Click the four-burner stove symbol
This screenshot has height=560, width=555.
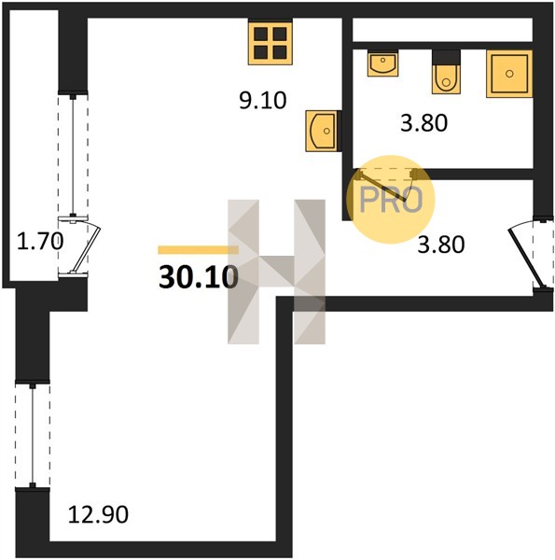(271, 43)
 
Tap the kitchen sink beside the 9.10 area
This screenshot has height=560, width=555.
(321, 131)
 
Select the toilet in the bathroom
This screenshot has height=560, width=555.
(446, 78)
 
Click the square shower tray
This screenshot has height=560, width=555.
(509, 74)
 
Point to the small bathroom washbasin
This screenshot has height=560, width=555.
(382, 63)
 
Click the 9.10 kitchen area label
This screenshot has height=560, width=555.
(263, 101)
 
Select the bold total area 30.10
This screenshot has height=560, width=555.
(199, 277)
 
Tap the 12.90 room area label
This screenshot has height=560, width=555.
(98, 514)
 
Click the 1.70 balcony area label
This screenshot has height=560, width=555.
(40, 241)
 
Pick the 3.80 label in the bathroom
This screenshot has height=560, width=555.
(423, 123)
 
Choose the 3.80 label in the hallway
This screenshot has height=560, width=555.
(441, 245)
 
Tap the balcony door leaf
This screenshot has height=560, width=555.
(86, 247)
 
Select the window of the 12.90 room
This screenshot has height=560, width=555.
(33, 436)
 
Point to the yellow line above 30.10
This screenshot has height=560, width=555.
(198, 249)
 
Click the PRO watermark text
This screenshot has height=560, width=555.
(391, 200)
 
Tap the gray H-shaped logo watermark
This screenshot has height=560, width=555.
(277, 272)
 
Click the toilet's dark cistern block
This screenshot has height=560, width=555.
(446, 57)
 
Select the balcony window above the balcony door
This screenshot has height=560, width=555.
(73, 155)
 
